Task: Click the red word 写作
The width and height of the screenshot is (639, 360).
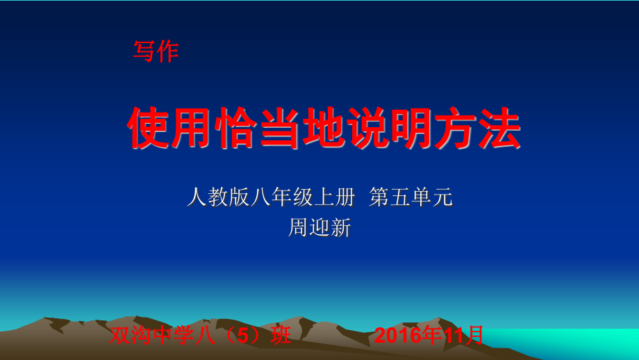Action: [x=156, y=51]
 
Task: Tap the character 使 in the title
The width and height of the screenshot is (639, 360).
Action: [x=148, y=129]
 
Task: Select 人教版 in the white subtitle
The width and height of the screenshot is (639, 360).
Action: [x=218, y=198]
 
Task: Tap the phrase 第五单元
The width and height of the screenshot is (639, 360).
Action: [x=411, y=198]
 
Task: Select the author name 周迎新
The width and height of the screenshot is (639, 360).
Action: [x=319, y=228]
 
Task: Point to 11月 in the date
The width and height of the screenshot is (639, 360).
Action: [x=464, y=336]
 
